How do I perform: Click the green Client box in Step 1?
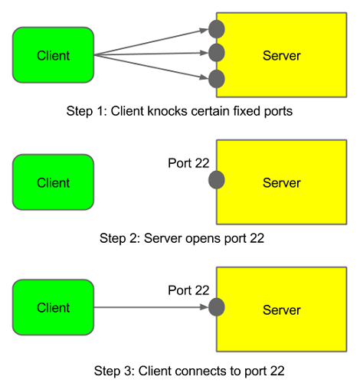53,55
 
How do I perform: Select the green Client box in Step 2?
53,182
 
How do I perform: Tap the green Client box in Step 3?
53,307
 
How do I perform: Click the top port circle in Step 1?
217,29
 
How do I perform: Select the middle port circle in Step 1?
217,53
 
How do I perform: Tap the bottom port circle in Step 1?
217,78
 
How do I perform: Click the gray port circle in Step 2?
217,181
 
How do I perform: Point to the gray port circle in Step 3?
217,307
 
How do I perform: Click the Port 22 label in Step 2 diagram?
188,163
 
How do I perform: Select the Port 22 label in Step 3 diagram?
188,290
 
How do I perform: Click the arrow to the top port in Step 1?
153,42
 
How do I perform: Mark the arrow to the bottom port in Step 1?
153,67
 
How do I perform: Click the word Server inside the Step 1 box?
282,56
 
